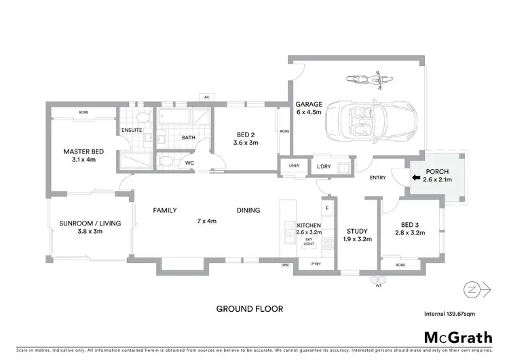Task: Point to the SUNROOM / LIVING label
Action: [81, 226]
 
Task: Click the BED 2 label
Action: [246, 139]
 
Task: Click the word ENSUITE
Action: [132, 130]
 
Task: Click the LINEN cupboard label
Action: [294, 166]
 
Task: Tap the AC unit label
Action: [206, 97]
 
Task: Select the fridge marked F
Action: [326, 207]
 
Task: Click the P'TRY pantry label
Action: [315, 264]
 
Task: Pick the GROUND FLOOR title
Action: [250, 308]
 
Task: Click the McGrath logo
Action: [459, 337]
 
